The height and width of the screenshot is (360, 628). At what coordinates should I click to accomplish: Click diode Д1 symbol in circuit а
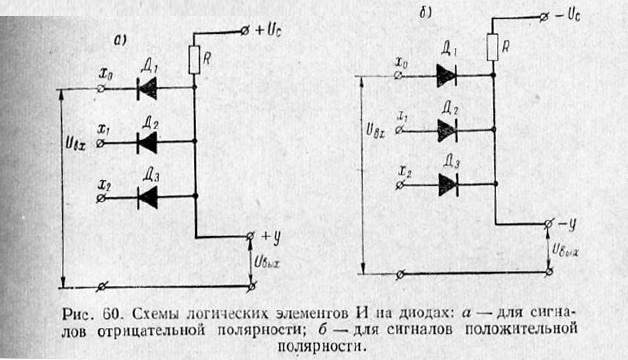coord(147,89)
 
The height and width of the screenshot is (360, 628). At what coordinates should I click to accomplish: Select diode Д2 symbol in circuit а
coord(147,143)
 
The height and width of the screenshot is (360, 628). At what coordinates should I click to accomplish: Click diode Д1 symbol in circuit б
coord(446,74)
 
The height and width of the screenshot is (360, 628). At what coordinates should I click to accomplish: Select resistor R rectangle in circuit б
coord(493,47)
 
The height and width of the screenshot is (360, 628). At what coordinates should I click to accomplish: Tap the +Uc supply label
coord(269,29)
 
